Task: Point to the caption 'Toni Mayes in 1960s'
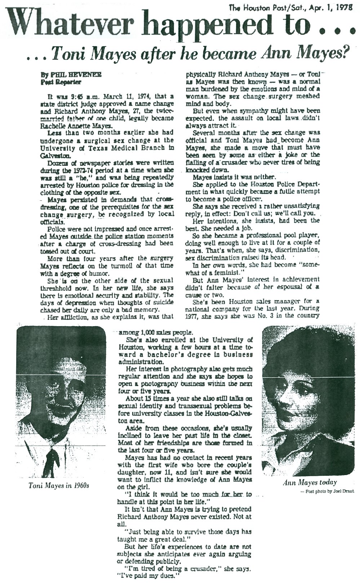[59, 485]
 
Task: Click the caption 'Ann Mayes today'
[310, 482]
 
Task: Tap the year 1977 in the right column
[191, 316]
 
